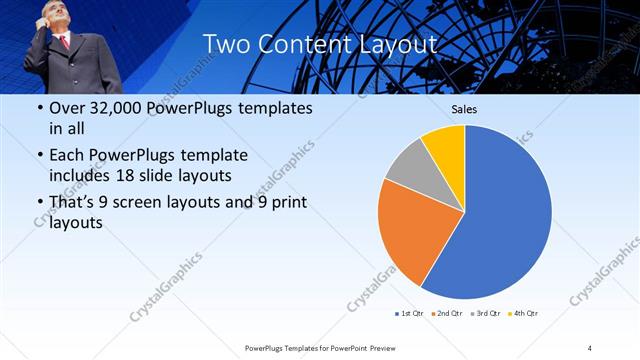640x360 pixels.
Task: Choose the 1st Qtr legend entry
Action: [x=407, y=314]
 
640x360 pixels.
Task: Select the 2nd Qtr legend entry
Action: [x=447, y=314]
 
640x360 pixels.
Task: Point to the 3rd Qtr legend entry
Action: [x=487, y=314]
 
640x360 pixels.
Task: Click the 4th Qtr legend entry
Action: [x=526, y=314]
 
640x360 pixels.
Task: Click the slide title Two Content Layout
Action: [x=319, y=44]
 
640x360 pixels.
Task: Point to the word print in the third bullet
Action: [x=286, y=202]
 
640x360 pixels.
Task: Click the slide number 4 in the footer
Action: [x=590, y=347]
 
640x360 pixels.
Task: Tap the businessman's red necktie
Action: [x=65, y=42]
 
